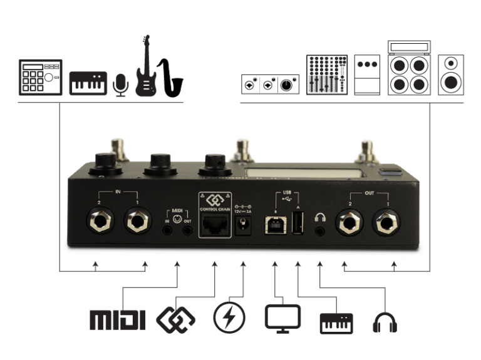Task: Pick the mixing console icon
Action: (x=326, y=75)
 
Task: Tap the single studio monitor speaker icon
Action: (x=450, y=75)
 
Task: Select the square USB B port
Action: (x=273, y=225)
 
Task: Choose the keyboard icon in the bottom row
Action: (x=336, y=322)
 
